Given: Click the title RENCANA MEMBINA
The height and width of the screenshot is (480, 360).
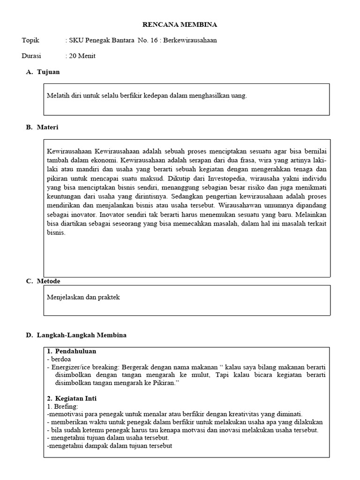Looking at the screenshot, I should [x=180, y=24].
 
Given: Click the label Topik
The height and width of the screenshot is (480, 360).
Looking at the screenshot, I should [x=30, y=40].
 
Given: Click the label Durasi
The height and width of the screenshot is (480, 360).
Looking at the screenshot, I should [x=31, y=56].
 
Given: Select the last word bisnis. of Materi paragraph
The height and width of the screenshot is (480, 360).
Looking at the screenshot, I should [x=56, y=232].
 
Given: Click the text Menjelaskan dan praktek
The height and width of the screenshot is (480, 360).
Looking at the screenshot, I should [x=83, y=297].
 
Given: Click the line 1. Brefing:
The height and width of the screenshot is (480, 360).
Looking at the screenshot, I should [x=63, y=406].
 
